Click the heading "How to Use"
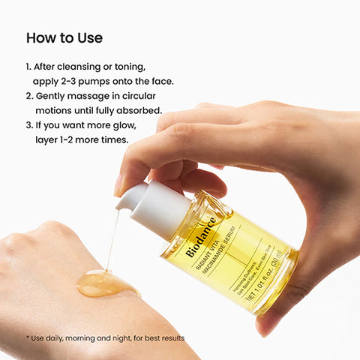[64, 37]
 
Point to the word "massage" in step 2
[88, 96]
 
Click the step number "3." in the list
[30, 124]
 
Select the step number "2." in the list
[30, 96]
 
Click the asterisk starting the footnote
[28, 337]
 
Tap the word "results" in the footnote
[169, 338]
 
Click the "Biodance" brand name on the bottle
[201, 238]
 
